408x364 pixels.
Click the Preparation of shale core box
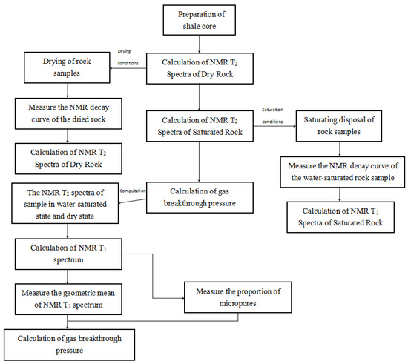pos(200,20)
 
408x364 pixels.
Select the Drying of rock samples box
pos(67,67)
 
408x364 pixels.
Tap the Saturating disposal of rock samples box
pos(339,126)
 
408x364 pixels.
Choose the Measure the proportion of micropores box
pos(238,297)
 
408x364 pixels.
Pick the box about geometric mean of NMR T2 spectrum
pos(68,299)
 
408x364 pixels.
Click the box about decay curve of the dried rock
pos(68,113)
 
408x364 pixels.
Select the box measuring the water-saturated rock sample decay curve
pos(343,172)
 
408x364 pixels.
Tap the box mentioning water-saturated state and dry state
pos(65,203)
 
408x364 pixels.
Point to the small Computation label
pos(133,191)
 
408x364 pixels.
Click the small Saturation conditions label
pos(272,116)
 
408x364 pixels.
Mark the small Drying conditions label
pos(128,57)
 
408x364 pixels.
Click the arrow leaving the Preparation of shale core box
pos(200,44)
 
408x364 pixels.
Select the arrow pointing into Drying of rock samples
pos(128,68)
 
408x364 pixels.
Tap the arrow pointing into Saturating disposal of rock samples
pos(274,126)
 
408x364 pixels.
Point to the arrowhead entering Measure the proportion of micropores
pos(182,298)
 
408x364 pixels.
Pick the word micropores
pos(237,303)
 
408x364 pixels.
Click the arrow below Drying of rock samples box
pos(68,90)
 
